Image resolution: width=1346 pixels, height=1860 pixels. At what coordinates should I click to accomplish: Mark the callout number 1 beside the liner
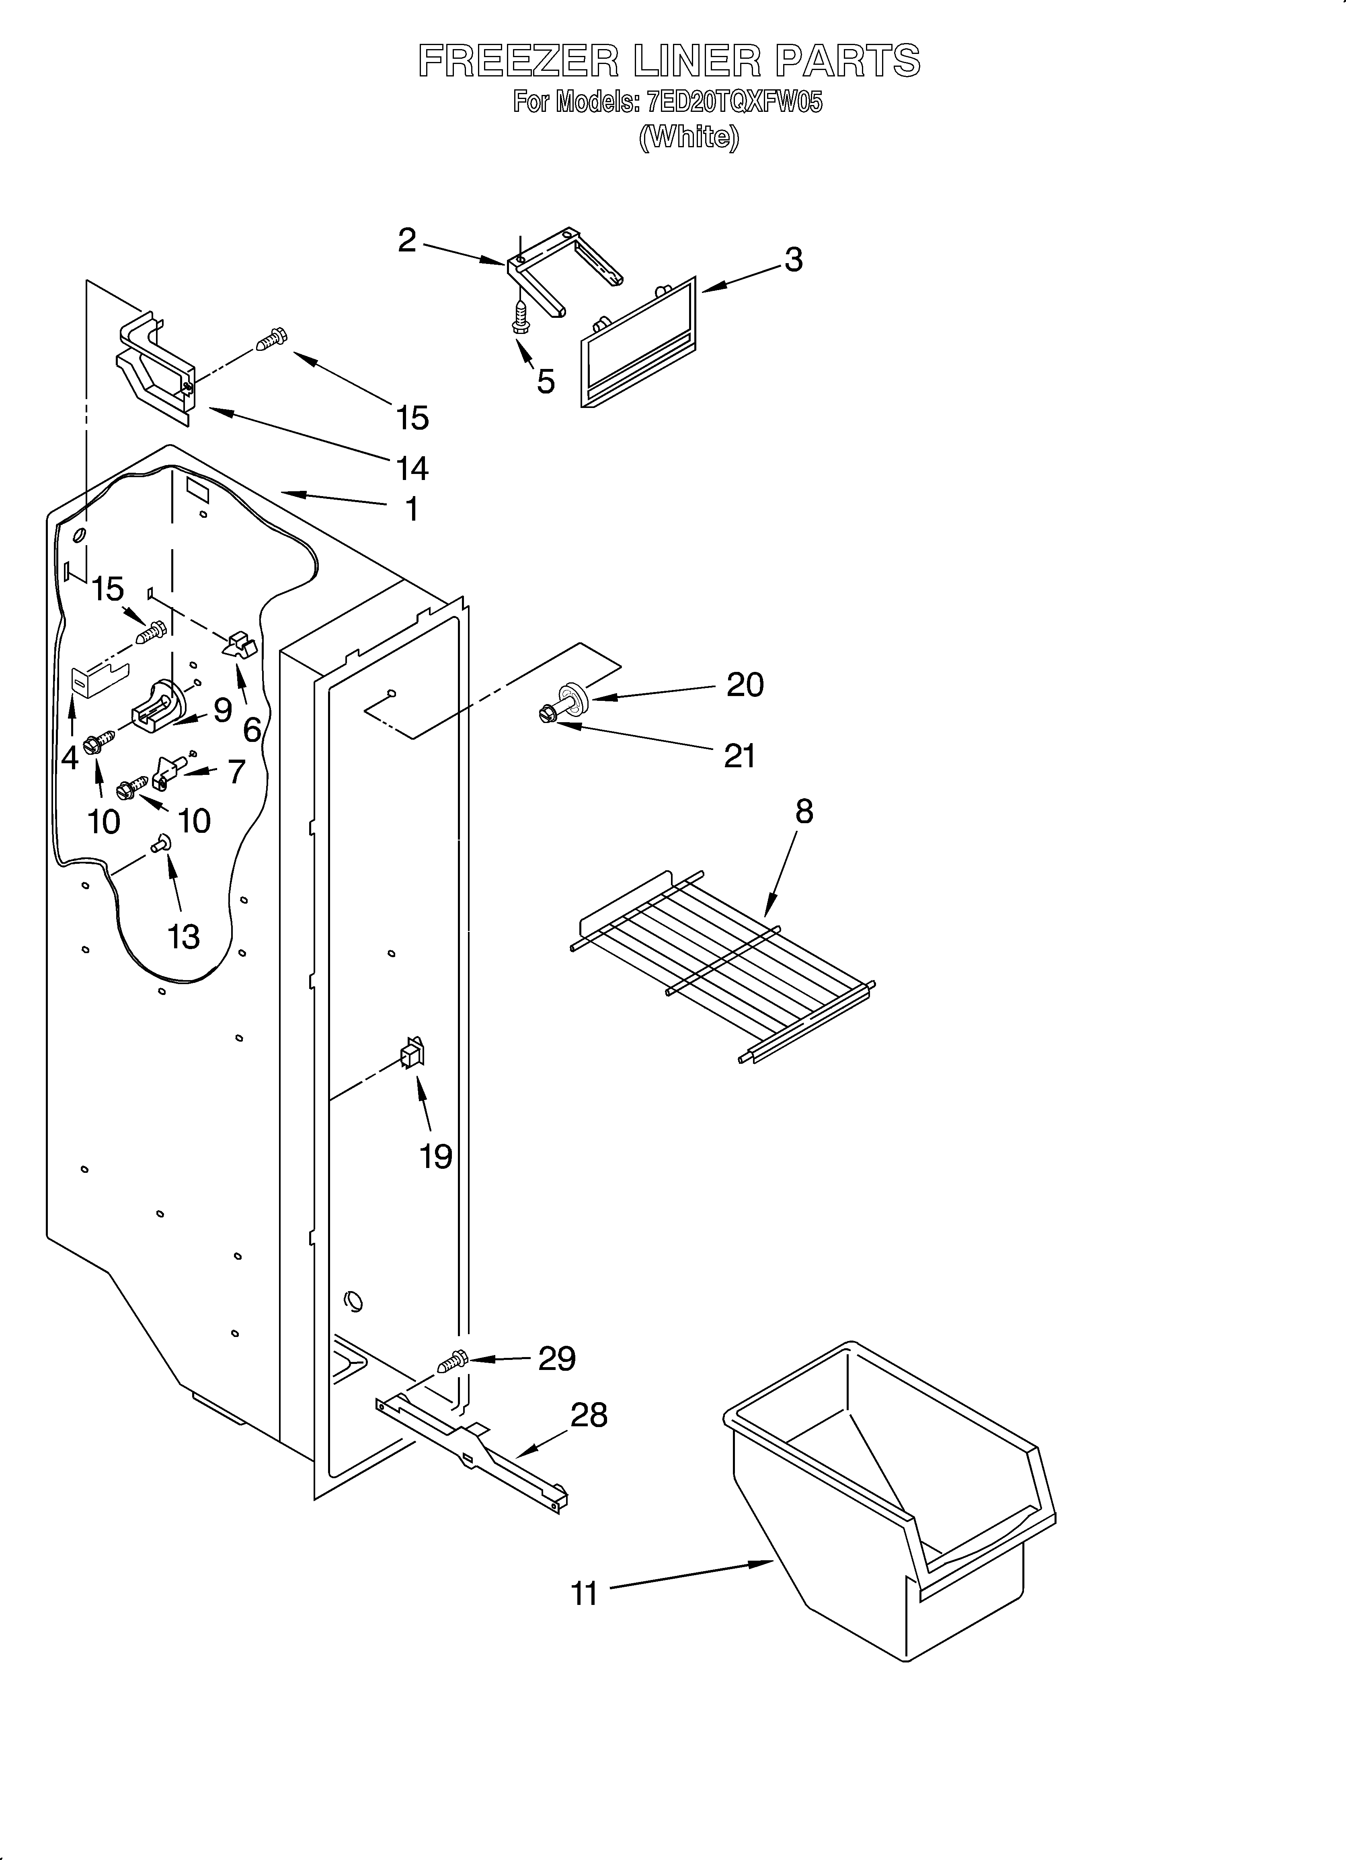(x=412, y=509)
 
